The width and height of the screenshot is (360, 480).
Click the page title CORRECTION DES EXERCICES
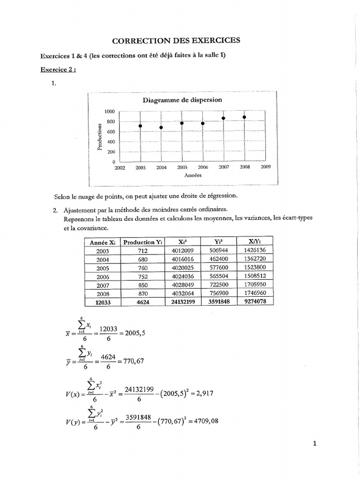(180, 40)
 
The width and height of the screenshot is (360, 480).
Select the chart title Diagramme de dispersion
(182, 100)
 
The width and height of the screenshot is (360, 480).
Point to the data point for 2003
(140, 126)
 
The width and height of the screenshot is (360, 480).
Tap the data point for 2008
(244, 117)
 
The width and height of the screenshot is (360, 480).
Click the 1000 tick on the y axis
(110, 112)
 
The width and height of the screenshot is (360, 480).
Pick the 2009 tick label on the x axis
(265, 167)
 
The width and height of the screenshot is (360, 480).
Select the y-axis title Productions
(99, 137)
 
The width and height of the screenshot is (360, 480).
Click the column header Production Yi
(143, 242)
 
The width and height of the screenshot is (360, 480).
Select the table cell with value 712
(143, 251)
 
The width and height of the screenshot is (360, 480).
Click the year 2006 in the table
(102, 277)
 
